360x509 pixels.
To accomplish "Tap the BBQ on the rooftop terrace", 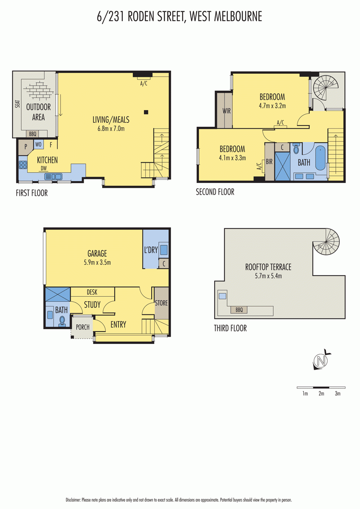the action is click(239, 310).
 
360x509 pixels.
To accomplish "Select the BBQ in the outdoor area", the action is click(32, 134).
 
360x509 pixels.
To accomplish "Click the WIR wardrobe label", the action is click(226, 111).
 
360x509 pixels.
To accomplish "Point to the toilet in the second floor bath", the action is click(296, 149).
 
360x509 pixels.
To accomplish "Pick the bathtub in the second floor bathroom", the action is click(320, 158).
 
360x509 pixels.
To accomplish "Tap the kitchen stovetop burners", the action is click(23, 165).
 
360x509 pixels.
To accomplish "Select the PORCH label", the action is click(82, 327).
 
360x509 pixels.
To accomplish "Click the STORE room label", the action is click(161, 303).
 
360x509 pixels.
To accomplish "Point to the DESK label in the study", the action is click(92, 292).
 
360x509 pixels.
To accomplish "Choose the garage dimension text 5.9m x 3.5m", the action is click(97, 262).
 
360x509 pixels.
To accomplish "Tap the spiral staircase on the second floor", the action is click(325, 88).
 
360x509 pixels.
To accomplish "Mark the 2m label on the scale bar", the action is click(321, 393).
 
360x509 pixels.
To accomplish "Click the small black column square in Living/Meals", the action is click(146, 112).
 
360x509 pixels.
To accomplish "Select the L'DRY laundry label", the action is click(151, 250).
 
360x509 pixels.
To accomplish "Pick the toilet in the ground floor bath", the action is click(62, 321).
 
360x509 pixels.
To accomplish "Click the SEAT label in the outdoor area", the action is click(18, 103).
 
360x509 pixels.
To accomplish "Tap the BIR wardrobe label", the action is click(270, 161).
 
